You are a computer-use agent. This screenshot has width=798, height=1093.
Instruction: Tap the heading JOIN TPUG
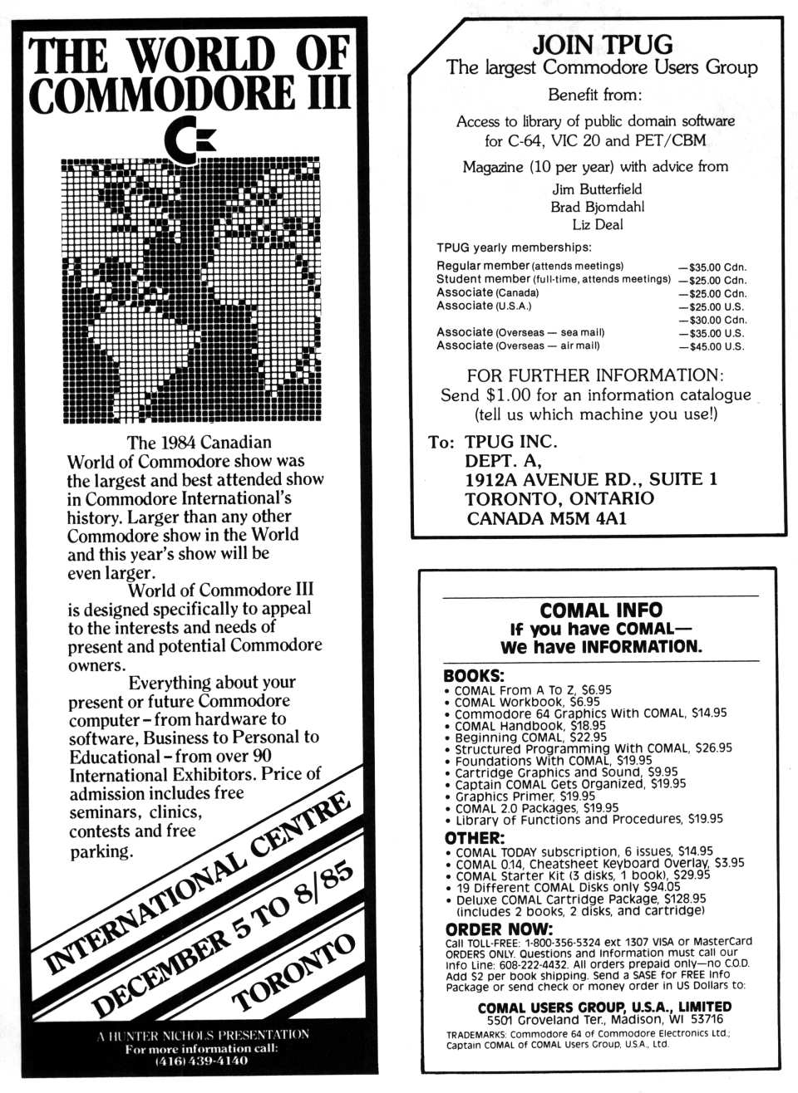(x=602, y=44)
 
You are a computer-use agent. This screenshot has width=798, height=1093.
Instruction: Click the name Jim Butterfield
(x=597, y=189)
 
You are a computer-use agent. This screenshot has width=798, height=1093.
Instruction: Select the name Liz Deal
(x=597, y=224)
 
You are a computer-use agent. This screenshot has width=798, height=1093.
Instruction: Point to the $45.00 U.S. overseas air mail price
(x=713, y=346)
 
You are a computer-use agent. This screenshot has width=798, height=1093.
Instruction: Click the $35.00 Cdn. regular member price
(x=713, y=267)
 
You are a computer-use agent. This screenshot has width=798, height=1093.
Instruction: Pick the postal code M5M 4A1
(x=588, y=518)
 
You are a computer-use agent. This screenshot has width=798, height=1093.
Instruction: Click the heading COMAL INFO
(x=600, y=610)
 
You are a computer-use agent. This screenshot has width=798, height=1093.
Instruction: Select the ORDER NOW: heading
(x=499, y=929)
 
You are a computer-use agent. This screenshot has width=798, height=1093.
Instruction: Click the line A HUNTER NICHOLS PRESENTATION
(x=202, y=1035)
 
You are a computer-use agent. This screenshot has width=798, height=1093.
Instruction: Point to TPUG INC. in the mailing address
(x=510, y=441)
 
